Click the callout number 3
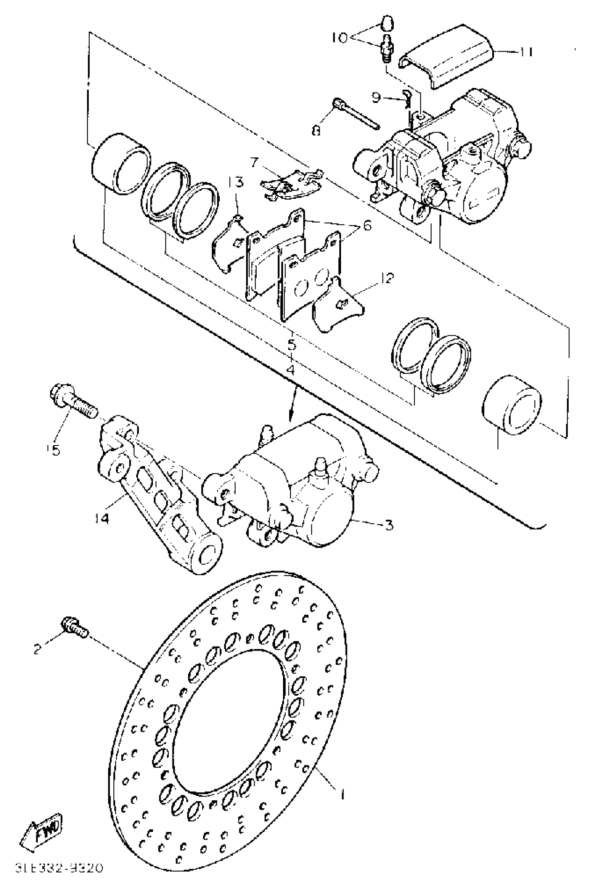[x=389, y=524]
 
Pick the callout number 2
[x=37, y=649]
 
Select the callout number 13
[x=236, y=182]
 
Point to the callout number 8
[x=316, y=130]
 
